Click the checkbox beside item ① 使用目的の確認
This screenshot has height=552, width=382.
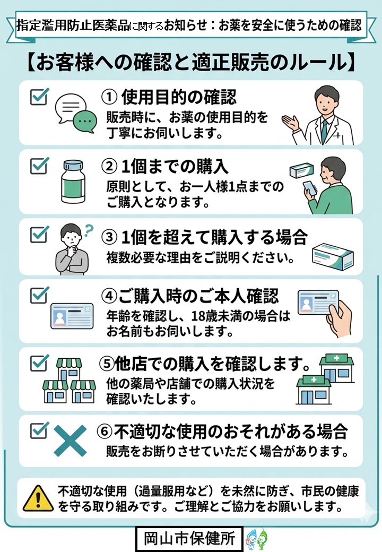39,97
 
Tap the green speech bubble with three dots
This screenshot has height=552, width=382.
85,122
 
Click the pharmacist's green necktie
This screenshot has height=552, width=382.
324,131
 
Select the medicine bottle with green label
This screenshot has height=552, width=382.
73,182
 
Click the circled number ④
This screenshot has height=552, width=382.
109,296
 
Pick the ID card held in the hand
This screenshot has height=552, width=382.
318,302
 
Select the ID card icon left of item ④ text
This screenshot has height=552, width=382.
72,316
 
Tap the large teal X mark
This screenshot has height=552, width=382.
70,441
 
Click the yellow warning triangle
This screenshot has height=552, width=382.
38,498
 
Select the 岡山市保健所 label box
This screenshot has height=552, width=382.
189,539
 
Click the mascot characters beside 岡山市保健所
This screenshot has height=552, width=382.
257,539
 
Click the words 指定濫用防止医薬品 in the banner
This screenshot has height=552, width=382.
73,25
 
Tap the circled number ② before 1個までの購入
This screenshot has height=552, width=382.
109,167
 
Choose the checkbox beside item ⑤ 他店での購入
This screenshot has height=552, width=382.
39,363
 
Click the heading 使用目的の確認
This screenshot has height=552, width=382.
179,97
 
